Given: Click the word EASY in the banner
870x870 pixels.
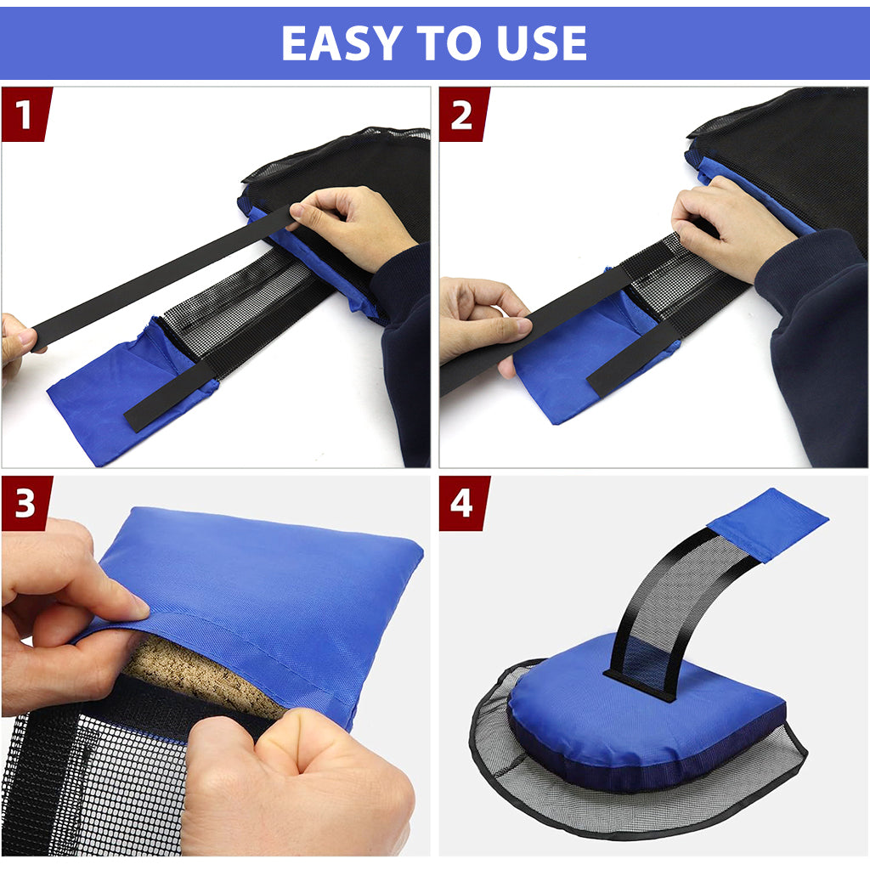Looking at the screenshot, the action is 342,43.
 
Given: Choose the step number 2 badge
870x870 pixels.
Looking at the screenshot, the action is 463,115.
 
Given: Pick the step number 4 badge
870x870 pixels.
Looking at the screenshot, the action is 463,503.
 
